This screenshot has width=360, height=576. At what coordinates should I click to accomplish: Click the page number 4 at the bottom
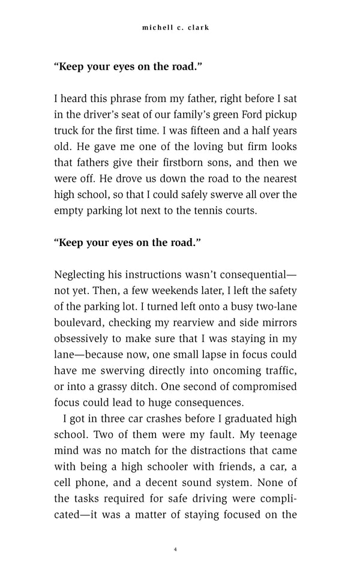(x=175, y=549)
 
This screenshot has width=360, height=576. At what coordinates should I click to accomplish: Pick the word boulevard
(x=80, y=324)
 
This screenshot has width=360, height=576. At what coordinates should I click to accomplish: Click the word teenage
(x=272, y=434)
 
